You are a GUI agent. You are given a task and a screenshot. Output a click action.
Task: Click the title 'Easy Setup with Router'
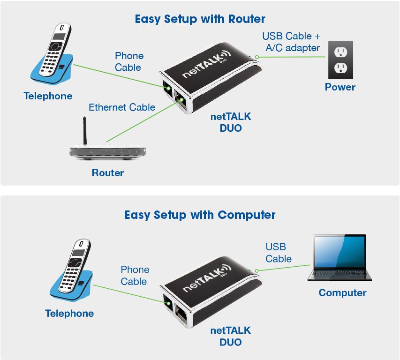click(x=200, y=19)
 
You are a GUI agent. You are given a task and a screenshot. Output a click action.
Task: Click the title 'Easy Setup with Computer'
click(x=200, y=215)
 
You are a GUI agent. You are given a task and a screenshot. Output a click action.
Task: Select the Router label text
click(x=108, y=172)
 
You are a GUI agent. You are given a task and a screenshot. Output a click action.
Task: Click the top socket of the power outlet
click(x=341, y=52)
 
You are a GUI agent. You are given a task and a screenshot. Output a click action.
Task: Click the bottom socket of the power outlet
click(x=341, y=67)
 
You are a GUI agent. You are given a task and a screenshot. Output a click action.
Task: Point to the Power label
click(x=340, y=87)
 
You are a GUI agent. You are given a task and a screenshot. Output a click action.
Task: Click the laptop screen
click(x=340, y=251)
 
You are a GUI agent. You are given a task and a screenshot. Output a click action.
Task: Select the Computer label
click(x=342, y=292)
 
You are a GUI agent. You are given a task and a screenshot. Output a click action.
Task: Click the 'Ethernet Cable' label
click(x=122, y=107)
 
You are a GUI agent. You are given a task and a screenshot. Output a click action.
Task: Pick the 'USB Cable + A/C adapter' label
click(x=291, y=42)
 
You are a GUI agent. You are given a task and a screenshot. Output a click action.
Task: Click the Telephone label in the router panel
click(x=48, y=96)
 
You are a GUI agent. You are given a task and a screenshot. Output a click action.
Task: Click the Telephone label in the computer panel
click(x=69, y=313)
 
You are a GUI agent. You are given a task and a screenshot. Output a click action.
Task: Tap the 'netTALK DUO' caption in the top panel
click(x=231, y=122)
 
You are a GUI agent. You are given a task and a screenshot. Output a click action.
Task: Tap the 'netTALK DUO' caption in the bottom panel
click(x=231, y=336)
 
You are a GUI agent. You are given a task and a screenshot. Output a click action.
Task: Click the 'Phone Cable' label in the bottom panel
click(x=135, y=275)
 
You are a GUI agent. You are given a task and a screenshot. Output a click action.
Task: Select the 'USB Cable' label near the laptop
click(x=279, y=253)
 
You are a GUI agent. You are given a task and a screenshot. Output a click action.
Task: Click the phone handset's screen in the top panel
click(x=59, y=36)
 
